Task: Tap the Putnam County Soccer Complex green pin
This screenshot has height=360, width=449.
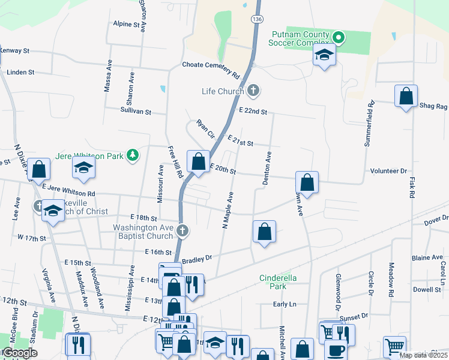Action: click(338, 39)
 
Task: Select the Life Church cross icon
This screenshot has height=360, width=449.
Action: click(253, 91)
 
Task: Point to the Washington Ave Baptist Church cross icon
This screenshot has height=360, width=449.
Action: click(182, 229)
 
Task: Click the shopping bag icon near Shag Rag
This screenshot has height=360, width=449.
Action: click(406, 97)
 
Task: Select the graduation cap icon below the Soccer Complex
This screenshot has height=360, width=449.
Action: click(324, 56)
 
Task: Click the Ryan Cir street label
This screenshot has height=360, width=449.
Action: click(205, 130)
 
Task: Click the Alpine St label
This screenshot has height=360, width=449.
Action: click(126, 25)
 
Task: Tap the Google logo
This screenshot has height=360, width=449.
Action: click(20, 353)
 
